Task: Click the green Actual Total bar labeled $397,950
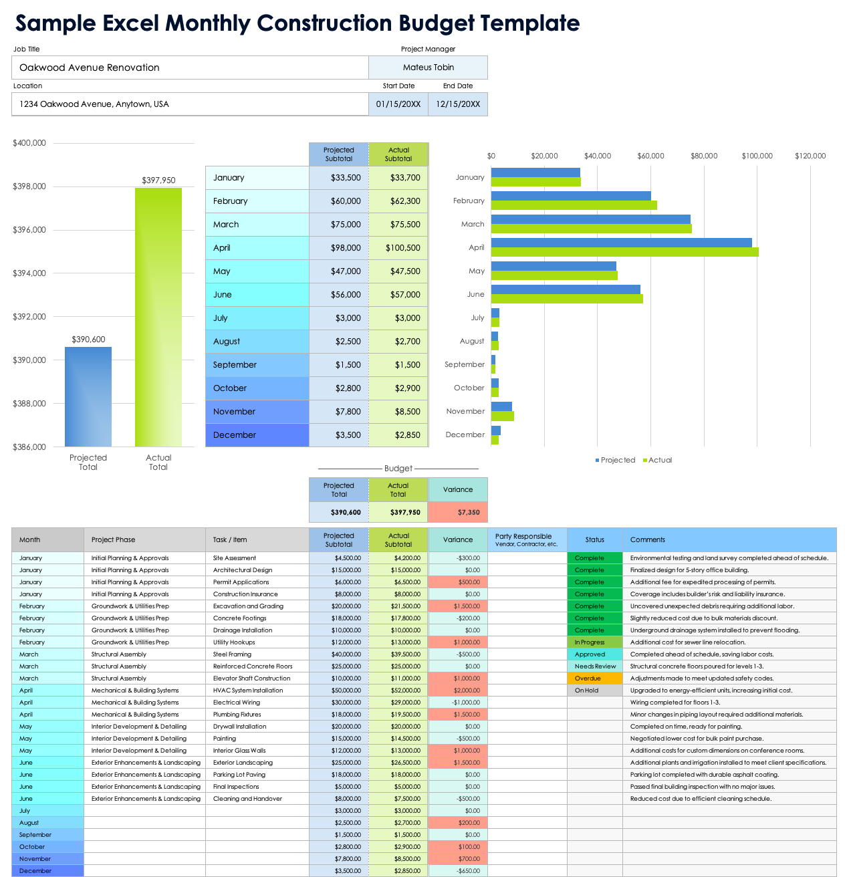(x=158, y=317)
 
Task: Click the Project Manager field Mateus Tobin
(x=428, y=68)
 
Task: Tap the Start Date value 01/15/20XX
(x=398, y=104)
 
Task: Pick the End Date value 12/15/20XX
(x=458, y=104)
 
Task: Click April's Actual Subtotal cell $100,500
(x=398, y=248)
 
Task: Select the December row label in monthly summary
(x=257, y=435)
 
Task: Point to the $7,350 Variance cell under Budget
(x=458, y=512)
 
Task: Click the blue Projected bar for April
(x=621, y=243)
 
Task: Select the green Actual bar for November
(x=503, y=416)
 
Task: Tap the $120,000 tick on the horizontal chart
(x=810, y=156)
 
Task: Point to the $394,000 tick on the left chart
(x=29, y=273)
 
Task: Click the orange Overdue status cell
(x=594, y=678)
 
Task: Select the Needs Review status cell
(x=594, y=666)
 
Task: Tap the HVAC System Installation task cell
(x=248, y=691)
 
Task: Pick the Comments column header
(x=647, y=539)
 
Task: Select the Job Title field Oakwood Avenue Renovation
(x=190, y=68)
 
